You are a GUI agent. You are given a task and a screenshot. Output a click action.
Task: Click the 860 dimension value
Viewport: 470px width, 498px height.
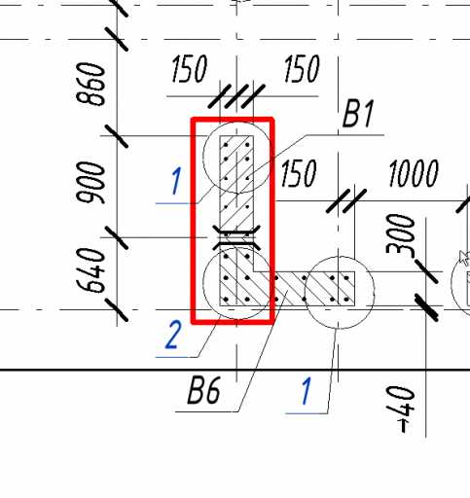tap(90, 84)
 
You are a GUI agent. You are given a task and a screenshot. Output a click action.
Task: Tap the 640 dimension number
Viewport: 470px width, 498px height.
tap(90, 270)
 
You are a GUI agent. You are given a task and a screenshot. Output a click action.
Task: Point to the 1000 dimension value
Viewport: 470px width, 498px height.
tap(414, 173)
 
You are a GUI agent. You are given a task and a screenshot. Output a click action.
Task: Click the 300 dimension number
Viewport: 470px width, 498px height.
tap(400, 234)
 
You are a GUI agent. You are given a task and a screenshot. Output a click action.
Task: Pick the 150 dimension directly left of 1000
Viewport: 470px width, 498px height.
tap(299, 173)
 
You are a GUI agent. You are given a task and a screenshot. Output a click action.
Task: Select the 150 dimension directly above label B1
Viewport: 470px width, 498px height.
tap(302, 68)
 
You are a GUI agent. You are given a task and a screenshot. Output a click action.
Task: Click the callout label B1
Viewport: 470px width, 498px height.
tap(358, 114)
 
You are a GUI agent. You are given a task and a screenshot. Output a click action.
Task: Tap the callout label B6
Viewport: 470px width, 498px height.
tap(204, 390)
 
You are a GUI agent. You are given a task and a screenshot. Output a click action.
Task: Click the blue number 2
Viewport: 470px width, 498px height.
tap(173, 335)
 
